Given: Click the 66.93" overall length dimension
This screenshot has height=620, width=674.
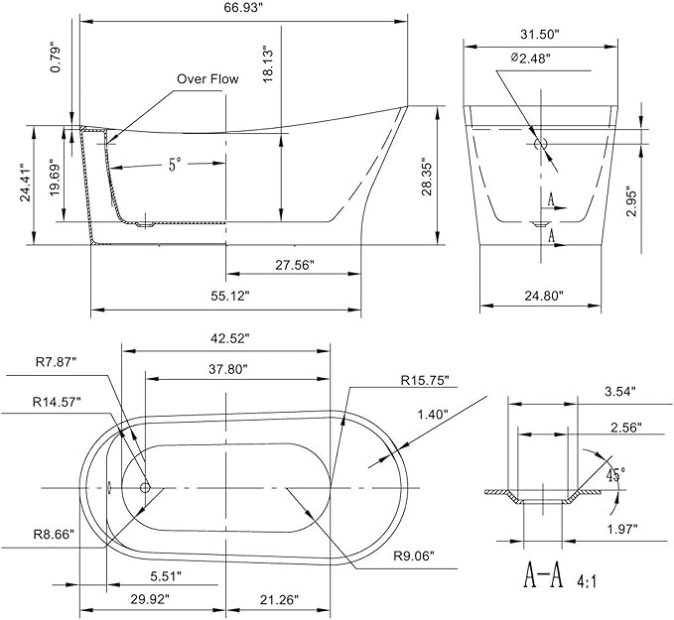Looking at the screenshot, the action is click(243, 8).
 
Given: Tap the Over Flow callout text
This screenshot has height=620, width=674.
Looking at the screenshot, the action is click(207, 79).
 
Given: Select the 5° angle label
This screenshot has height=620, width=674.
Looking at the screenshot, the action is click(174, 165).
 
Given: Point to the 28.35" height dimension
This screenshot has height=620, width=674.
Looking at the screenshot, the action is click(427, 179).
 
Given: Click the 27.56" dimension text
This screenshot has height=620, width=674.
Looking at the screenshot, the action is click(295, 265).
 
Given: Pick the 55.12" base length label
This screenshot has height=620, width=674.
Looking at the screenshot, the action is click(230, 296).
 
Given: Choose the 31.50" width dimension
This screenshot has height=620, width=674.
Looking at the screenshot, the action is click(539, 35).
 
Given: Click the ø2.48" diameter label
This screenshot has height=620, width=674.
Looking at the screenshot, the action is click(530, 58).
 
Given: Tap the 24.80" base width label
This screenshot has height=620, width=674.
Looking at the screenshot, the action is click(543, 296).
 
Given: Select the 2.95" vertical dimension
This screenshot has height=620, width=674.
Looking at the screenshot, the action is click(630, 200).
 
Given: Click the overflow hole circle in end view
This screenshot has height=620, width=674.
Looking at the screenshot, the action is click(540, 144).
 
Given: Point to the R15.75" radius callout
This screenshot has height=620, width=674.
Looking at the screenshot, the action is click(425, 380).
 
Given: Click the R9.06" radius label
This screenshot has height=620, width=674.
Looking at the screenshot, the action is click(414, 556).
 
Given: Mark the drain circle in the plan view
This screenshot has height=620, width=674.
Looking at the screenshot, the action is click(145, 487).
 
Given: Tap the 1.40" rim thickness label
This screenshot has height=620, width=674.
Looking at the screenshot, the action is click(433, 415).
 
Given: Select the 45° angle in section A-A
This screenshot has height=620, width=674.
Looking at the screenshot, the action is click(615, 475).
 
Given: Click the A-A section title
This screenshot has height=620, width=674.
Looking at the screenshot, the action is click(543, 575).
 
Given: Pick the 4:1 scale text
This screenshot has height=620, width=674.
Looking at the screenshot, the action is click(586, 582).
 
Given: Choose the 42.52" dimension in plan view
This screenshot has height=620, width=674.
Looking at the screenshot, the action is click(230, 338).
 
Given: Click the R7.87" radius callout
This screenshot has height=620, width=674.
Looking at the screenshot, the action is click(56, 362).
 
